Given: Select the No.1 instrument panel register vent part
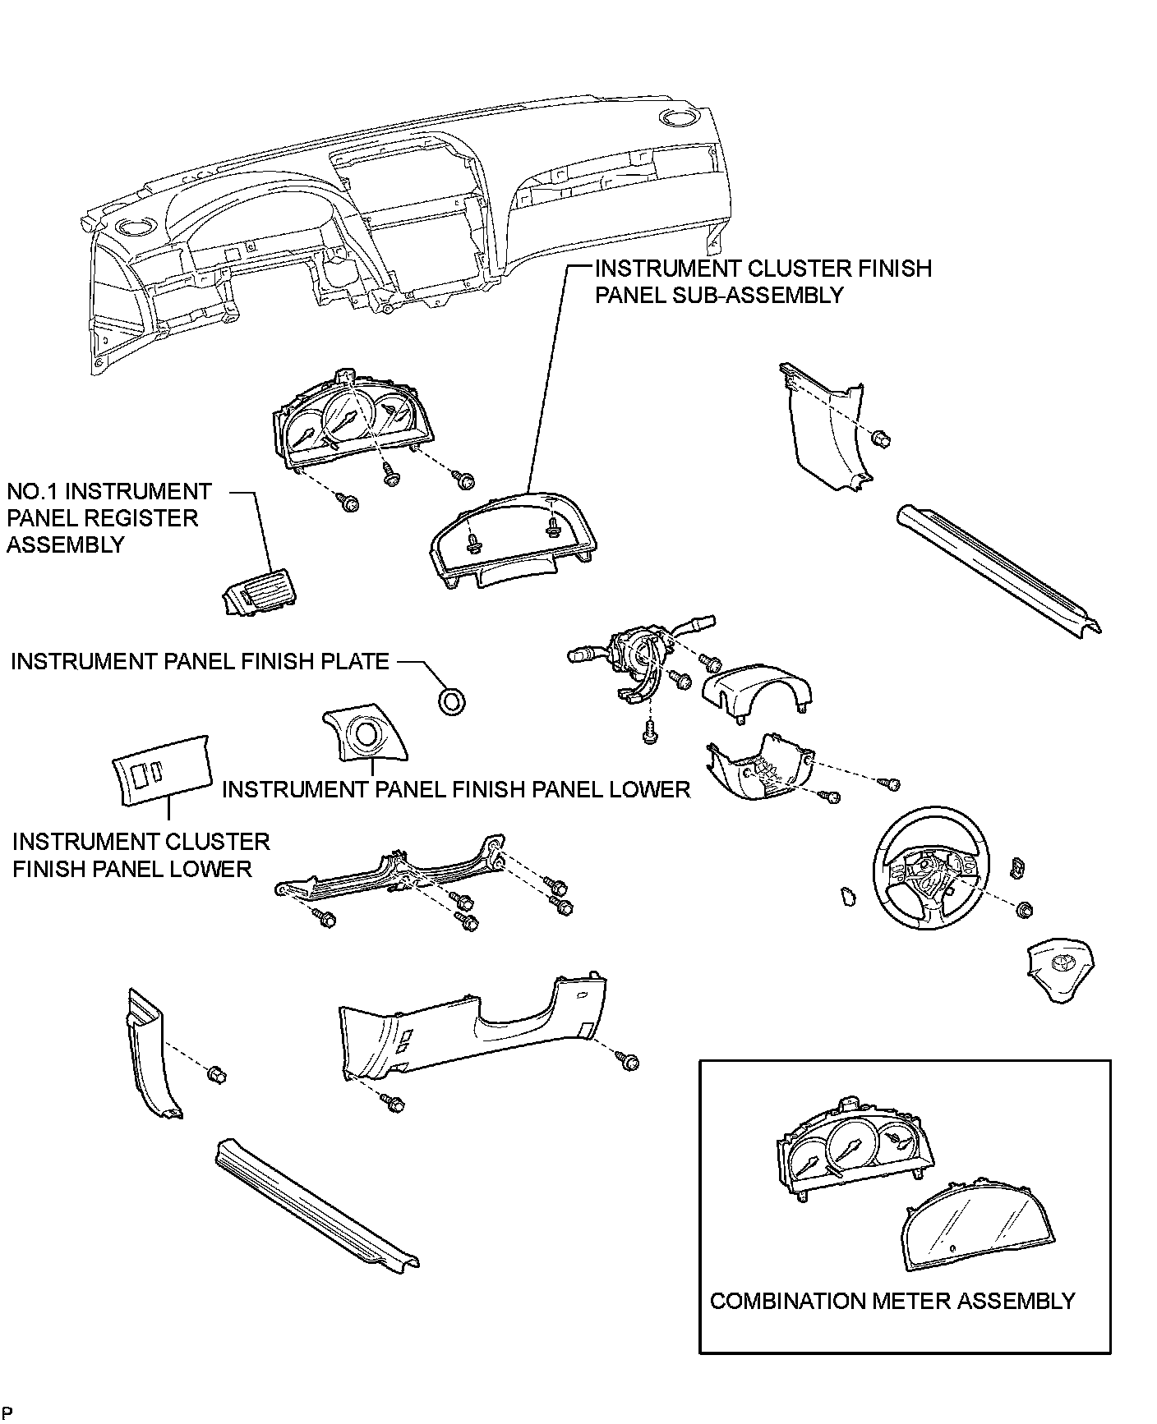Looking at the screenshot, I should point(260,593).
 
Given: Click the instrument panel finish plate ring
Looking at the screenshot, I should point(451,701).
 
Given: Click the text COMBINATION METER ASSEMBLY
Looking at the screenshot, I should point(892,1301).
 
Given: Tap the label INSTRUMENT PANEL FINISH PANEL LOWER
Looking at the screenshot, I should point(456,789).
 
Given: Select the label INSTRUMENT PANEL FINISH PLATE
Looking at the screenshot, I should point(200,662).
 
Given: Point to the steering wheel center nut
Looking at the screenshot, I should point(1024,909).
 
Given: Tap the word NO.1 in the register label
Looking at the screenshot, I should point(32,492).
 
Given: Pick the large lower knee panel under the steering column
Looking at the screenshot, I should point(477,1030).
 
